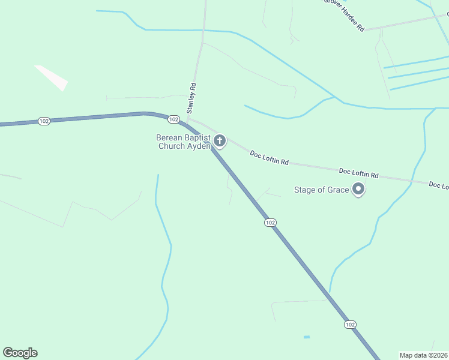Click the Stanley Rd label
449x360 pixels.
tap(191, 98)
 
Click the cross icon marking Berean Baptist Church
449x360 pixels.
tap(220, 141)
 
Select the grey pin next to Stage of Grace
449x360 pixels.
tap(359, 190)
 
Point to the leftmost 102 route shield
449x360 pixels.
tap(44, 121)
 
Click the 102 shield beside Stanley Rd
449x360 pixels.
tap(173, 119)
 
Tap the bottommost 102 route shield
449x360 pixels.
tap(351, 324)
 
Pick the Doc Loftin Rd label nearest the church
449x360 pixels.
tap(270, 158)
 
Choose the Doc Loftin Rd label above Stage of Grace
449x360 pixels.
tap(358, 173)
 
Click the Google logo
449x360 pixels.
tap(20, 353)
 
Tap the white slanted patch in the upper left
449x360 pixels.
tap(51, 78)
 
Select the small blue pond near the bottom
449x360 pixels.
tap(307, 337)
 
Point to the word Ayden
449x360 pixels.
tap(198, 146)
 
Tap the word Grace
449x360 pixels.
tap(338, 190)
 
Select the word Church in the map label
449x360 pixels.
tap(171, 146)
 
